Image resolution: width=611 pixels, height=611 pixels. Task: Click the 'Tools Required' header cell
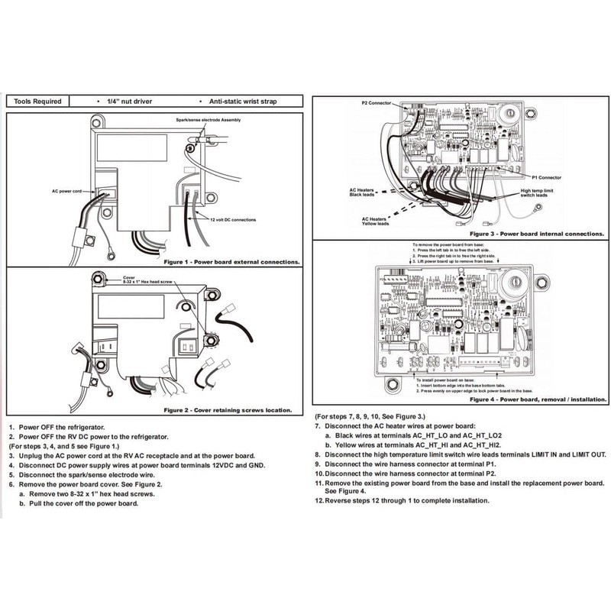click(x=37, y=101)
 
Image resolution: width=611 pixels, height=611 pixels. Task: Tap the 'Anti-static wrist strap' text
click(x=237, y=101)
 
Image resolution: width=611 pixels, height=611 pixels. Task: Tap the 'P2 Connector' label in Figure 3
click(x=376, y=102)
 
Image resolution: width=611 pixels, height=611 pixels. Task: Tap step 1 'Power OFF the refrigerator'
click(x=62, y=426)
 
